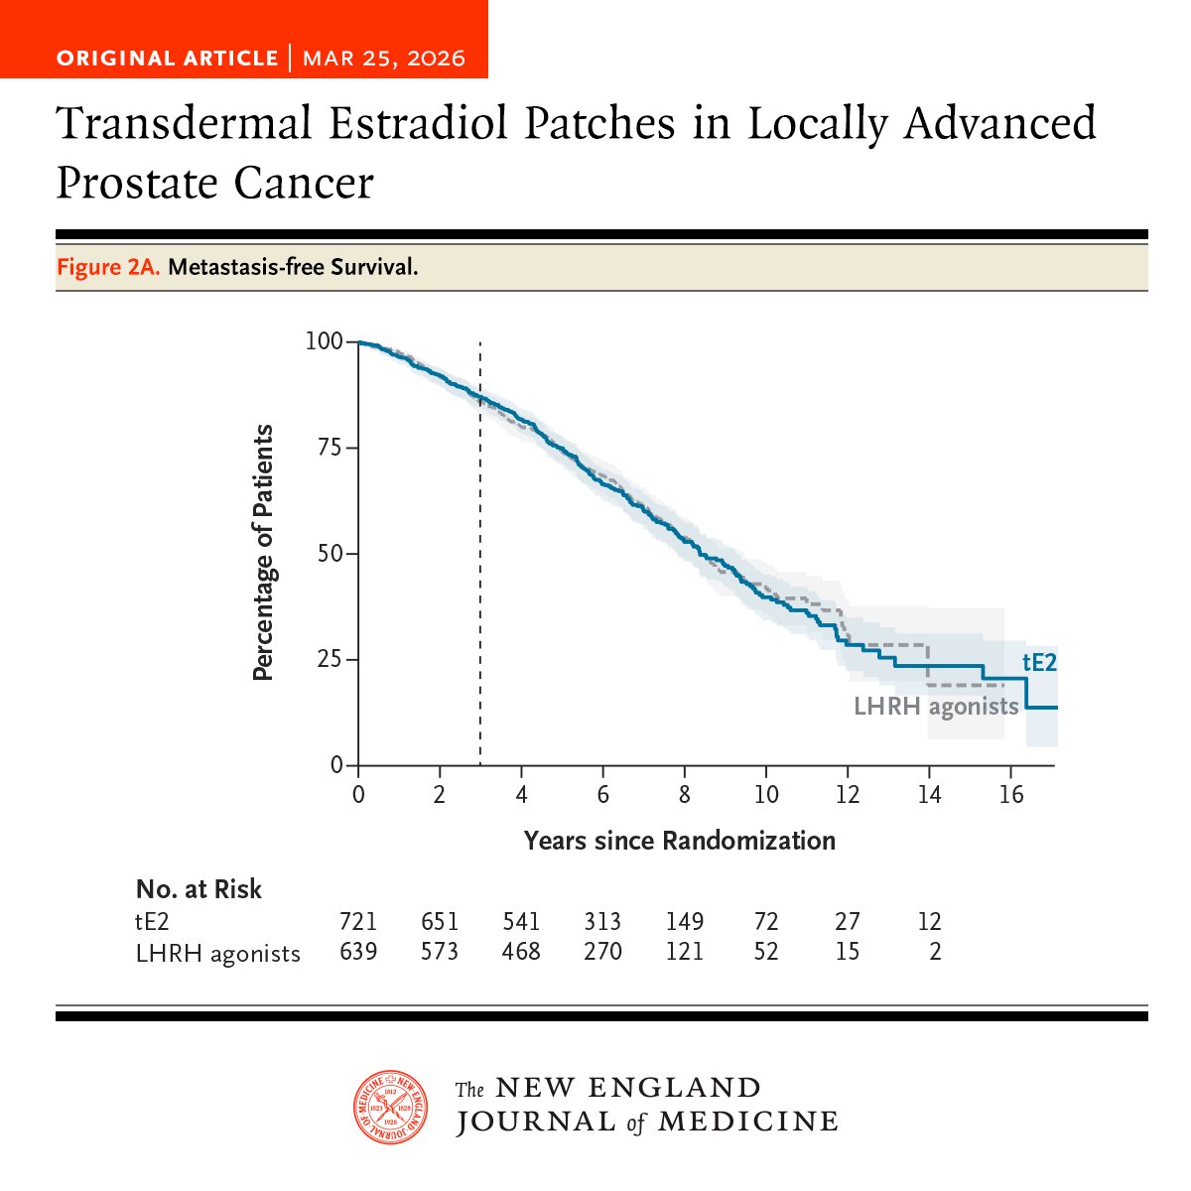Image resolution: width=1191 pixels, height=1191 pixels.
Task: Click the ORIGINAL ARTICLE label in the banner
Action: click(x=167, y=58)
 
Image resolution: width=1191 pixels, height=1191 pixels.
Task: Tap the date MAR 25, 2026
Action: click(x=384, y=58)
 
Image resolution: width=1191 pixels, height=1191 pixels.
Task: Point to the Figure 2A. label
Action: click(x=108, y=267)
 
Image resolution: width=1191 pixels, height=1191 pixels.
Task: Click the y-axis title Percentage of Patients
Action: click(x=262, y=553)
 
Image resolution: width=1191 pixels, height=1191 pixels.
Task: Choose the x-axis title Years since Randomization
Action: click(x=679, y=841)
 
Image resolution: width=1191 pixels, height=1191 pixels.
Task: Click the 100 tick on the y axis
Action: click(x=324, y=341)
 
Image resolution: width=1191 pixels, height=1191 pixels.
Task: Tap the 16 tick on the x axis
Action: click(x=1010, y=795)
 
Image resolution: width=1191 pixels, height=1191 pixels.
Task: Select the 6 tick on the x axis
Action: click(x=602, y=795)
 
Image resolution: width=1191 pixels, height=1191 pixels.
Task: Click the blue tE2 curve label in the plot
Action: click(x=1039, y=662)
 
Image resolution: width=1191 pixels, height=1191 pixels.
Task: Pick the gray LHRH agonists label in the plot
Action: click(x=936, y=707)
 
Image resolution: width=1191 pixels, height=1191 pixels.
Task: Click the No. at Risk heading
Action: click(x=198, y=889)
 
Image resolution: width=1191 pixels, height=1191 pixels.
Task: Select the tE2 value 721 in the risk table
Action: click(x=358, y=922)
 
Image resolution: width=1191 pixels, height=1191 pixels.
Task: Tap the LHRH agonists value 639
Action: click(x=358, y=952)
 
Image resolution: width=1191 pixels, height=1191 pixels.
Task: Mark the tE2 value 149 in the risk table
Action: click(x=684, y=922)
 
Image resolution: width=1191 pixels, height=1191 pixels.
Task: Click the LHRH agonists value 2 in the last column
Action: click(x=935, y=952)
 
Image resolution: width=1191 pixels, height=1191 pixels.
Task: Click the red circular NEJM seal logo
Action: click(x=391, y=1107)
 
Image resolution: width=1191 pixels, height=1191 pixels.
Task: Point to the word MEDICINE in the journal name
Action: click(x=747, y=1122)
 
